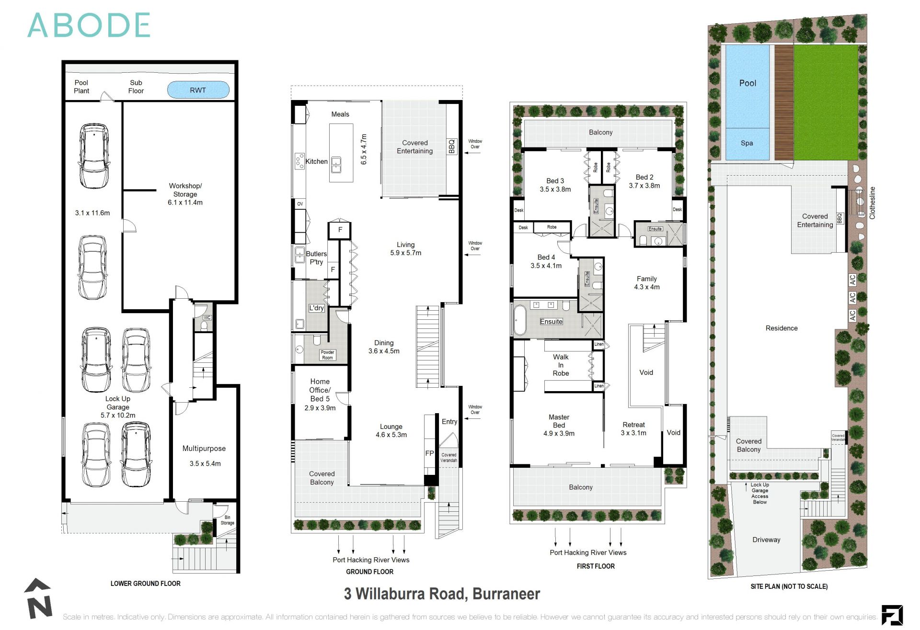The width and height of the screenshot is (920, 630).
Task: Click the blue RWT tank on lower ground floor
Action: [198, 90]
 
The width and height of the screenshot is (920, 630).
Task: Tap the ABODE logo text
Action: [89, 25]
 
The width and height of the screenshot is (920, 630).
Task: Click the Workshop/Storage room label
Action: [185, 194]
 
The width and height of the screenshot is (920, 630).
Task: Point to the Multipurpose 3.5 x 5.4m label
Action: [204, 455]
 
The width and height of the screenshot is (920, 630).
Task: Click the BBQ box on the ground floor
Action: [451, 146]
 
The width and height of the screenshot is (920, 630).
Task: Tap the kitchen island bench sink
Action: [336, 164]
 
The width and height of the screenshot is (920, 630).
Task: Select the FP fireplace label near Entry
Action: [429, 453]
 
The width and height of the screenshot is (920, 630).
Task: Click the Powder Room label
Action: [327, 355]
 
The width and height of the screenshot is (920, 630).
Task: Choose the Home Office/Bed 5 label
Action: [320, 394]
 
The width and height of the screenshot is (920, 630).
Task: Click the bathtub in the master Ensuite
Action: [519, 320]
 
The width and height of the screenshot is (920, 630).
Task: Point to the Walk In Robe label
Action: [561, 365]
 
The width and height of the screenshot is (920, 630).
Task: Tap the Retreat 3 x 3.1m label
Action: [633, 428]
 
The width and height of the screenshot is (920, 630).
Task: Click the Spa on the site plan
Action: [747, 143]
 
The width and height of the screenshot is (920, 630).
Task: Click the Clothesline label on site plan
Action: [872, 203]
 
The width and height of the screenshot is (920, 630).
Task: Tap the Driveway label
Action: [766, 540]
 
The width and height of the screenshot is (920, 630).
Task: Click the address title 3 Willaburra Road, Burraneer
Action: [442, 594]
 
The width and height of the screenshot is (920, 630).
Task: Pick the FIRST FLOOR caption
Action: [596, 566]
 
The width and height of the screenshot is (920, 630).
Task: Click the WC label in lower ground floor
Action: [207, 317]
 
